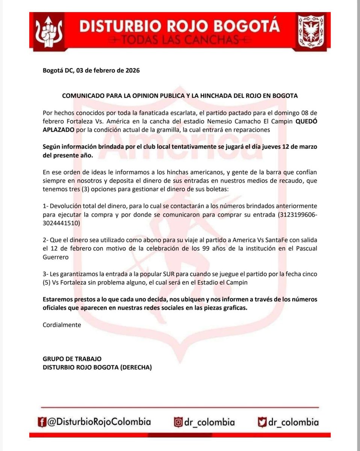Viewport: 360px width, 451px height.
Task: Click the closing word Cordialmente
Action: pos(62,325)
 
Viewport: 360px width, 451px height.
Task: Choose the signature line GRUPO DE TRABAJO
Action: pos(72,359)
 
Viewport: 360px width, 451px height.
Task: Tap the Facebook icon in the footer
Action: pos(45,422)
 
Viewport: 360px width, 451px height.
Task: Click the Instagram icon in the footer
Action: pos(178,422)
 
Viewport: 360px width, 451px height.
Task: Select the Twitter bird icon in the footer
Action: pos(262,422)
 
